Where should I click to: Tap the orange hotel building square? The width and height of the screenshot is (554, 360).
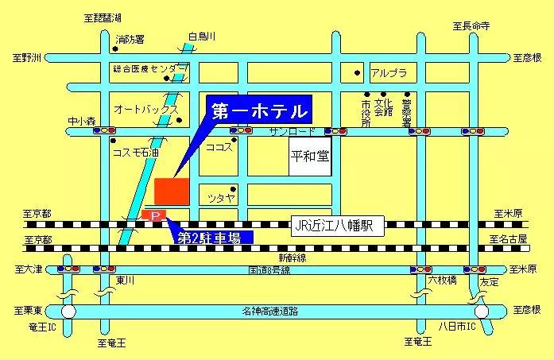pos(172,192)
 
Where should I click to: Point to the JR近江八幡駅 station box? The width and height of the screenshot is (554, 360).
pos(337,226)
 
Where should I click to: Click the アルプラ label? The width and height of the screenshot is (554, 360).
pos(389,74)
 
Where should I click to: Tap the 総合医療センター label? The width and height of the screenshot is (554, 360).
pos(150,69)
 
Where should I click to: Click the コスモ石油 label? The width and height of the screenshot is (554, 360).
pos(136,151)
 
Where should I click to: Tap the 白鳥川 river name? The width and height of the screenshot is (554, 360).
pos(202,36)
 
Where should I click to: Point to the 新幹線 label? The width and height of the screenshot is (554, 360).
pos(291,258)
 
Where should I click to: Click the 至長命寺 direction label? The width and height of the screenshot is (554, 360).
pos(471,26)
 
